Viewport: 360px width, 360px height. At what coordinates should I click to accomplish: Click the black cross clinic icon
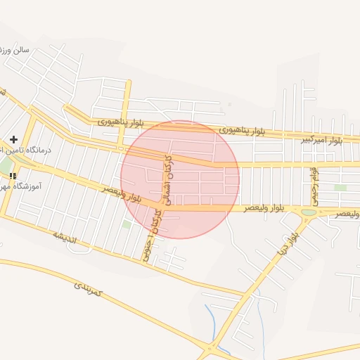[13, 140]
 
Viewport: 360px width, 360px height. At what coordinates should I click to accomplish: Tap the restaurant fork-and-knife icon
[12, 176]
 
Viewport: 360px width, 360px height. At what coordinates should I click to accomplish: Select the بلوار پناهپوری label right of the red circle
[242, 131]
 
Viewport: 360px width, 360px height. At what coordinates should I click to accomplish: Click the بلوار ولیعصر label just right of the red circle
[264, 209]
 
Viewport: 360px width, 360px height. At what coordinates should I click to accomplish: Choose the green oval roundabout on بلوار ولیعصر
[309, 212]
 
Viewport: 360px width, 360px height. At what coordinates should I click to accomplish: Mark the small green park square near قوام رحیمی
[340, 188]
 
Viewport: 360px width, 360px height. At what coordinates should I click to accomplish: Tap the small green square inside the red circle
[127, 224]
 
